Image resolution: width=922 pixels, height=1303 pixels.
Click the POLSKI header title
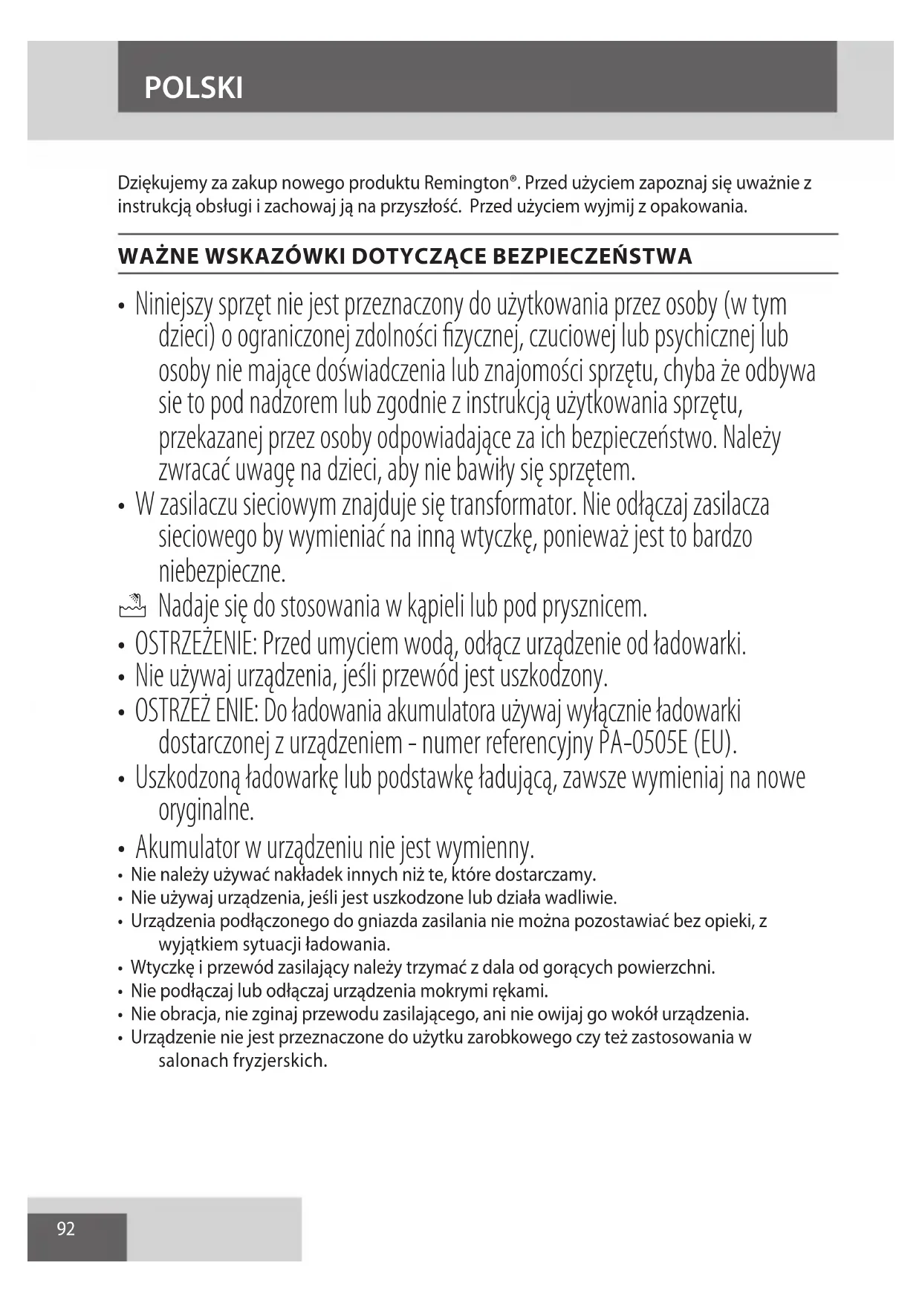[x=193, y=88]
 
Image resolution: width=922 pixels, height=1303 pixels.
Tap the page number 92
[x=66, y=1229]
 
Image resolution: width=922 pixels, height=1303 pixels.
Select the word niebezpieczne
[x=222, y=572]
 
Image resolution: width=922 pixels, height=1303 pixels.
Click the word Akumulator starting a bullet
[x=187, y=848]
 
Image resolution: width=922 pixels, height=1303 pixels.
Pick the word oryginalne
[x=207, y=810]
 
